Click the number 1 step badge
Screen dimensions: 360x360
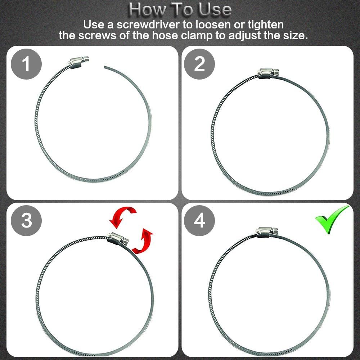26,64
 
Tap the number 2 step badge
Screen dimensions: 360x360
199,64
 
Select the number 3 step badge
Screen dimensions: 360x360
26,221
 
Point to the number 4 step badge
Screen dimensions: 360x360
199,221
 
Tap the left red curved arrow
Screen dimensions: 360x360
122,217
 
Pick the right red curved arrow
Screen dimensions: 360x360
143,241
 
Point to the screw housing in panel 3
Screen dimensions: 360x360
118,239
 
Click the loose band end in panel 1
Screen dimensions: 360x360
105,67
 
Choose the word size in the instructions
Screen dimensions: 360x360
295,36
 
